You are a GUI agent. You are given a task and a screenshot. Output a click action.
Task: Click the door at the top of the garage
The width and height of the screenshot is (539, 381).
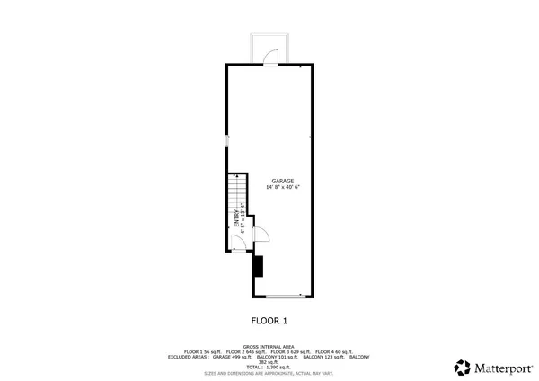(270, 57)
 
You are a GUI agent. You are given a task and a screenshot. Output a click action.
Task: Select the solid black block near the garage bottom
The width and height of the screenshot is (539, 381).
(258, 267)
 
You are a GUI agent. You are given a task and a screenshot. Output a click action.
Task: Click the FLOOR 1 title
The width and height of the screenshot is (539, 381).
(269, 319)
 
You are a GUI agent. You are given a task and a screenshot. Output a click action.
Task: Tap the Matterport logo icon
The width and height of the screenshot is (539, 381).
(463, 367)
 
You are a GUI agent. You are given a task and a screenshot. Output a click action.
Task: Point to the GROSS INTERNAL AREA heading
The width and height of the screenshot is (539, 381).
(269, 346)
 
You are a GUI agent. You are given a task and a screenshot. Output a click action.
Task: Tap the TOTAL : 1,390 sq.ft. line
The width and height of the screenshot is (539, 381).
(269, 367)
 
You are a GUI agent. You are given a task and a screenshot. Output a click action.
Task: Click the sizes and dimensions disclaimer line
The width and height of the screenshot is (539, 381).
(269, 372)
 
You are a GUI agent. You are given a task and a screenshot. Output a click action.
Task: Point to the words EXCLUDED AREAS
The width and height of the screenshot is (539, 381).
(187, 357)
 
